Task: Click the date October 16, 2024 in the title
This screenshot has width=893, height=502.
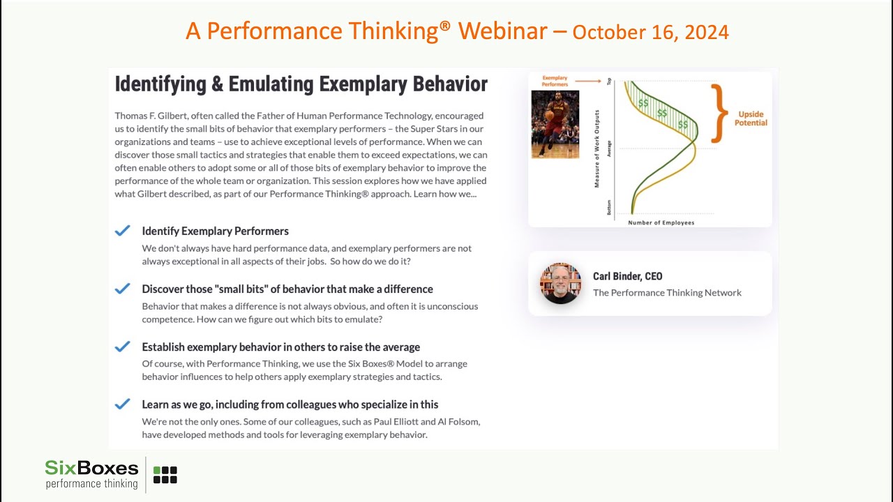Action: click(x=650, y=32)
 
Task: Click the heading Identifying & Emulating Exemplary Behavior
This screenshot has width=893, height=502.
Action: click(x=301, y=84)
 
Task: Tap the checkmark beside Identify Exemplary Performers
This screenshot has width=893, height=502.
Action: click(x=123, y=231)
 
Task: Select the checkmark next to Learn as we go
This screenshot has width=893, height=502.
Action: click(x=123, y=404)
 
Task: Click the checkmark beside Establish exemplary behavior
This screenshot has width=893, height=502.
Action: click(x=123, y=347)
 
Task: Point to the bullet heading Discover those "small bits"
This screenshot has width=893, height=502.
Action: click(x=287, y=289)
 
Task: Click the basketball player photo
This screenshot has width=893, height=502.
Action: click(x=555, y=124)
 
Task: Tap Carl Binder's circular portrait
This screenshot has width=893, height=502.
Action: click(x=560, y=283)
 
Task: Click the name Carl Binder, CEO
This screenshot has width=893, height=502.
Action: click(x=627, y=276)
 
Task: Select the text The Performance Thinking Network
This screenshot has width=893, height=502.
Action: click(x=667, y=293)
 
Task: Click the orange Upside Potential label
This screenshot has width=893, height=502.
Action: click(x=750, y=119)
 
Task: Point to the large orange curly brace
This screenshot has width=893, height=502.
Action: click(x=719, y=113)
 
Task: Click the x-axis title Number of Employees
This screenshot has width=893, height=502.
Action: click(x=661, y=222)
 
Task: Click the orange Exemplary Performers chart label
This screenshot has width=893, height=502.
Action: click(x=555, y=81)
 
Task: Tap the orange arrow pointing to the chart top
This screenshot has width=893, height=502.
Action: click(x=589, y=81)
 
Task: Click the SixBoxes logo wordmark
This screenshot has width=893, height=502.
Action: click(x=91, y=468)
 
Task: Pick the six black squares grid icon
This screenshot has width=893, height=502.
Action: click(x=165, y=475)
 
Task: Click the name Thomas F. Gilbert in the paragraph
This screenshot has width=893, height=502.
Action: click(x=153, y=116)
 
